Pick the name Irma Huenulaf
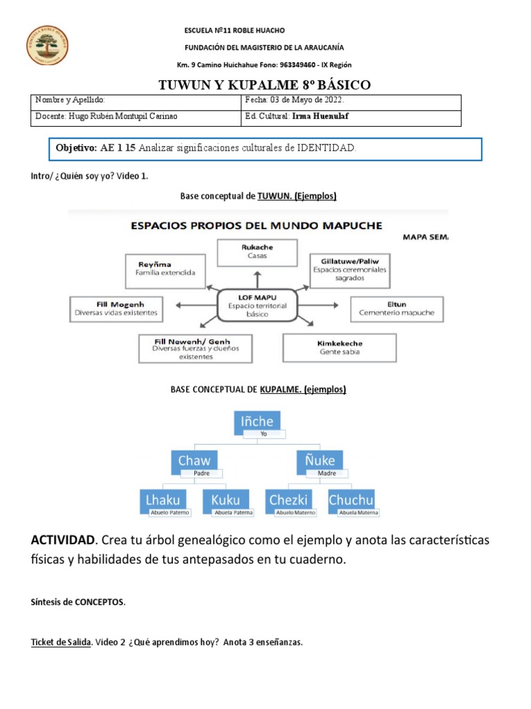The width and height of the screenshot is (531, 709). [320, 116]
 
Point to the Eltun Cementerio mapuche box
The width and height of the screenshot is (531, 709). [396, 308]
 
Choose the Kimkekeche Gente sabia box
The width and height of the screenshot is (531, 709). [340, 347]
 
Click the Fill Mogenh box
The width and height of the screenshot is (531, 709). [116, 308]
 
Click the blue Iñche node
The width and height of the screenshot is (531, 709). [257, 421]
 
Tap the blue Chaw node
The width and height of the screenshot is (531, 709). [194, 460]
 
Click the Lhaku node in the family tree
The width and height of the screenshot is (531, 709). [163, 499]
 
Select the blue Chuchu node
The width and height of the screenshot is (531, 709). [351, 499]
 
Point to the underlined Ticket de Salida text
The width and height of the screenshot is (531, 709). [61, 643]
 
